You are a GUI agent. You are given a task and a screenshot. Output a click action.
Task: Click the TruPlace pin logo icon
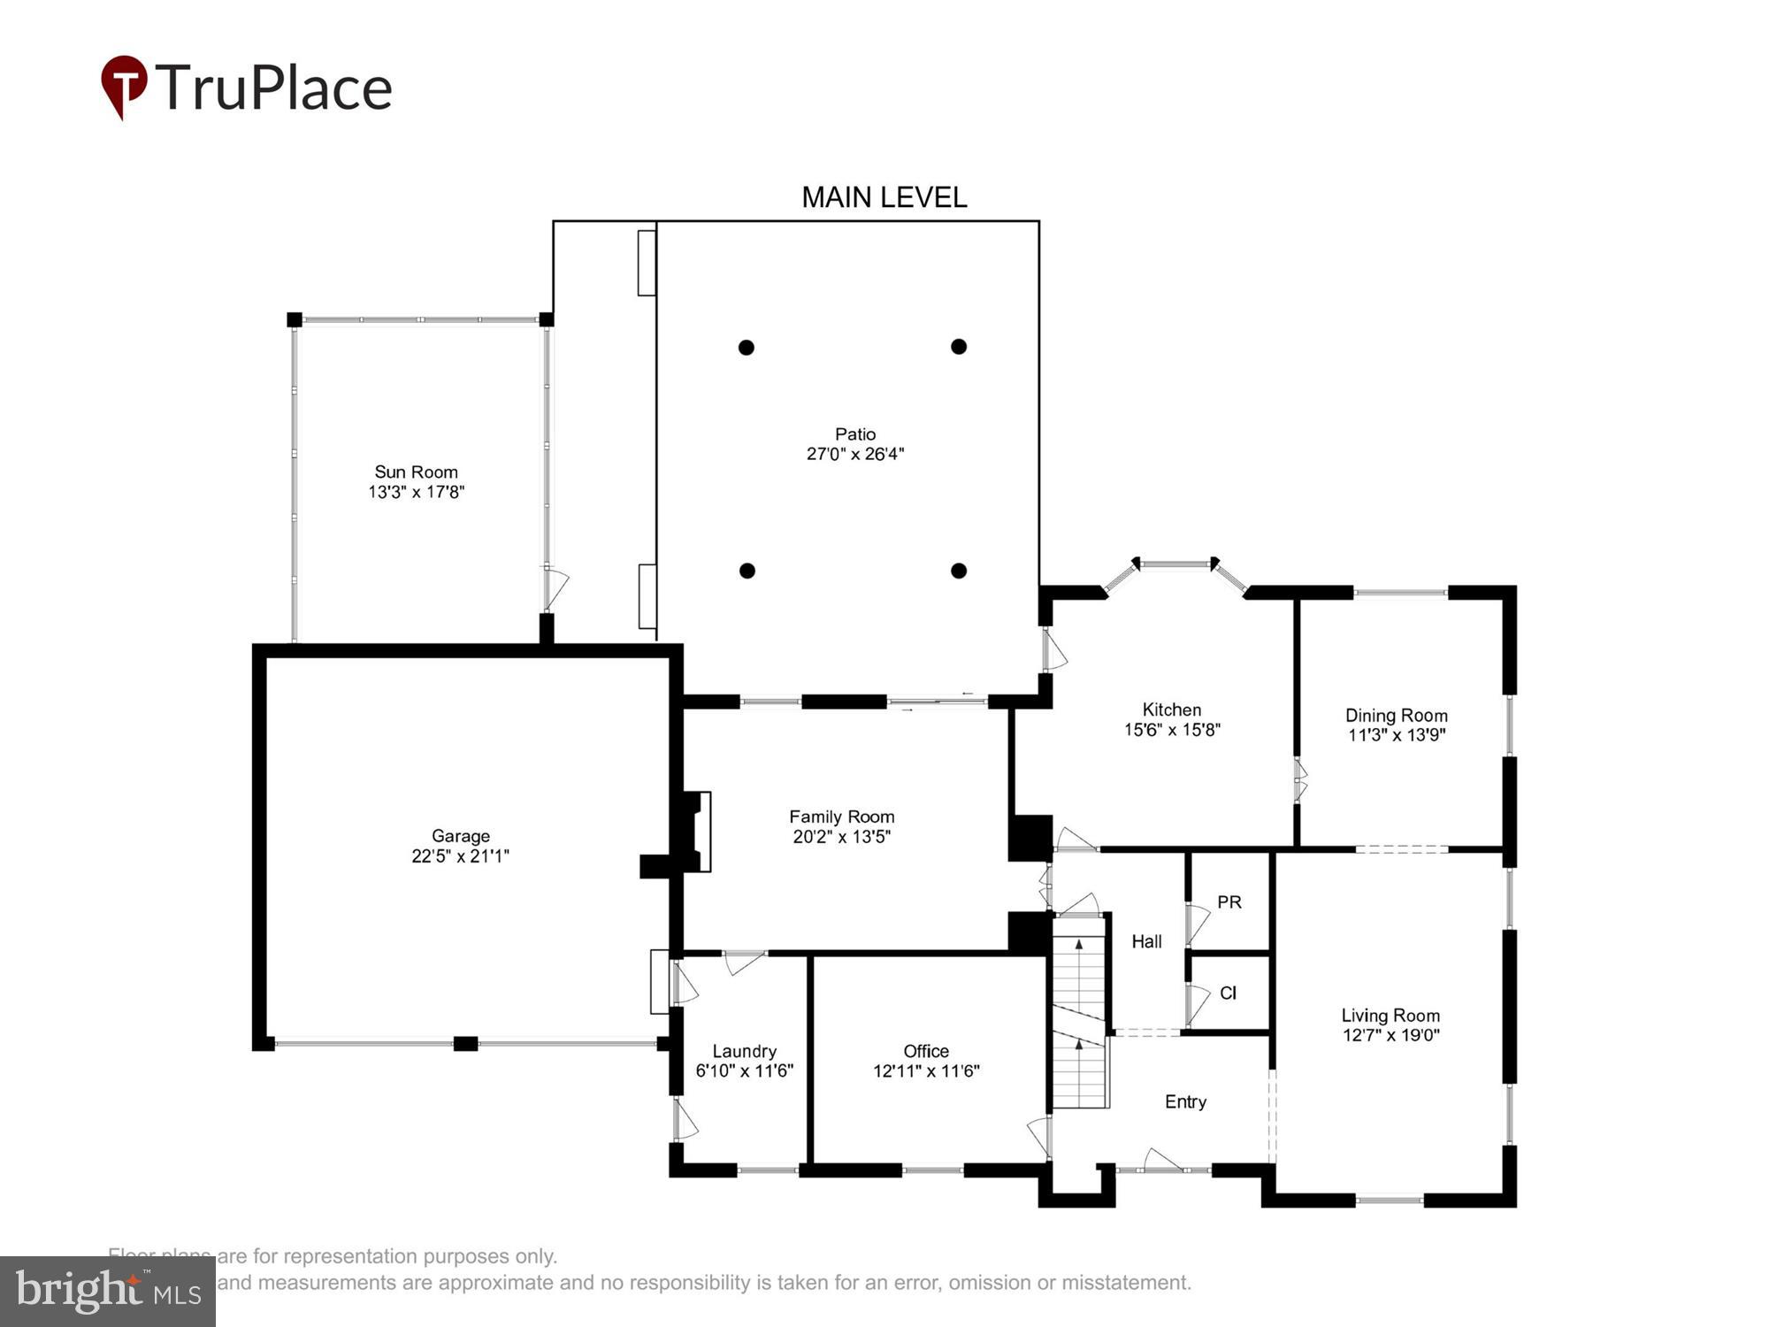click(x=123, y=85)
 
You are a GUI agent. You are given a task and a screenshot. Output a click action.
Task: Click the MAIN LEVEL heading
click(x=884, y=197)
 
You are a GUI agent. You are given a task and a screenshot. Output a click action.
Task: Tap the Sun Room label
click(x=416, y=472)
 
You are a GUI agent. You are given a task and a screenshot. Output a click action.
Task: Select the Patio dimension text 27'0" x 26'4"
click(x=854, y=454)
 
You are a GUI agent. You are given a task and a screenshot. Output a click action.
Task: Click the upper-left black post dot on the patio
click(x=747, y=348)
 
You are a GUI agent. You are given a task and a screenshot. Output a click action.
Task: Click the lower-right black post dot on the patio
click(x=959, y=571)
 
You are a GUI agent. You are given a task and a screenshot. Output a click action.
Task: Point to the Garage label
click(x=460, y=835)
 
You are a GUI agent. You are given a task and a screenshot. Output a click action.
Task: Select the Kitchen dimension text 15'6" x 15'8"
click(x=1172, y=730)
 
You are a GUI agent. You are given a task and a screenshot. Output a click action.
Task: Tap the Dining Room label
click(x=1396, y=715)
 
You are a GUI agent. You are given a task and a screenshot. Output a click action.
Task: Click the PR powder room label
click(x=1229, y=901)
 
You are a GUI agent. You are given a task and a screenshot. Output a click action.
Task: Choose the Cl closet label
click(x=1228, y=993)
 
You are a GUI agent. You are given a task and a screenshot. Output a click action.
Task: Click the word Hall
click(x=1146, y=941)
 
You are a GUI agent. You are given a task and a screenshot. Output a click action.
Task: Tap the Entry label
click(x=1185, y=1101)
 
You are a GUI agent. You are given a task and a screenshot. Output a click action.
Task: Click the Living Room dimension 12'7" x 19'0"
click(x=1390, y=1035)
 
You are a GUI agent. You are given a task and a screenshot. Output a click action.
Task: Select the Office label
click(x=926, y=1051)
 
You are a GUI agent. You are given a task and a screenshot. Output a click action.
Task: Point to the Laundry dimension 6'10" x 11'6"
click(x=744, y=1070)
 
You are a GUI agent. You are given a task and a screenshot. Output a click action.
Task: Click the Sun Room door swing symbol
click(x=555, y=587)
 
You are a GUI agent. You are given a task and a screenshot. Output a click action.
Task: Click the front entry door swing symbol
click(x=1162, y=1160)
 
